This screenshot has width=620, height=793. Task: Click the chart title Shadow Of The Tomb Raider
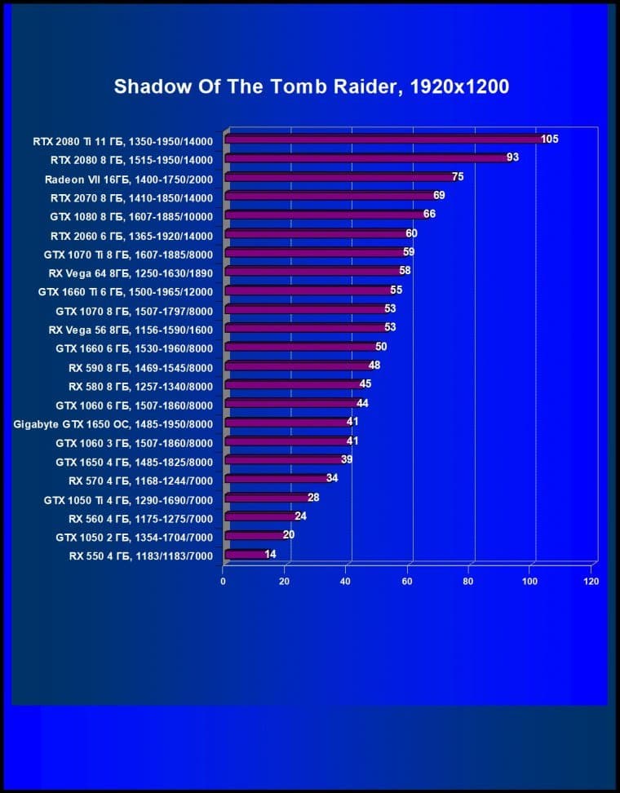point(311,86)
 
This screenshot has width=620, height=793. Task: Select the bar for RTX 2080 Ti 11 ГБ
point(383,140)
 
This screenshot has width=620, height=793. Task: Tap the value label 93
point(513,157)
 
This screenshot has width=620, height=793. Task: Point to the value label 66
point(430,215)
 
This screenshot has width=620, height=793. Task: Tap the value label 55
point(396,290)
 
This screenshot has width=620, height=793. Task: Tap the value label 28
point(313,497)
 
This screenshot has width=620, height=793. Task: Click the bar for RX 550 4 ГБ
point(245,555)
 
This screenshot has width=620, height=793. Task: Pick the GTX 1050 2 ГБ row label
point(134,538)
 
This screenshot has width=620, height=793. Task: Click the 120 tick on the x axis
point(591,582)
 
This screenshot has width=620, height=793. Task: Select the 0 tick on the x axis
point(224,582)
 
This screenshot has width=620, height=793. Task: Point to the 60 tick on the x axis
point(406,582)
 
